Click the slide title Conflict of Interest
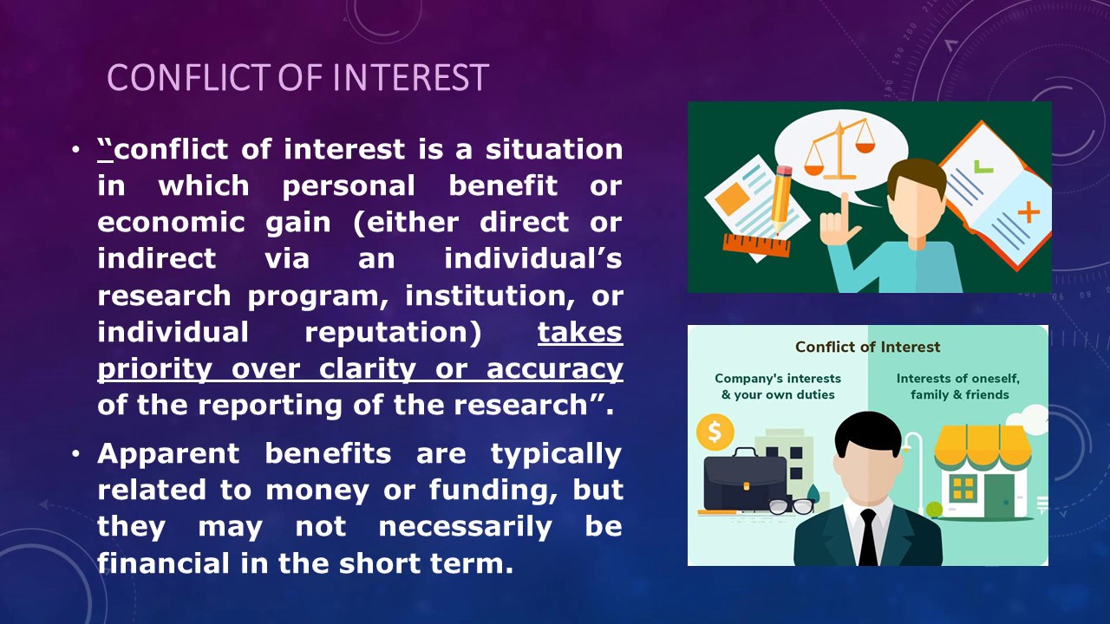tap(297, 77)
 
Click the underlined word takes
tap(579, 332)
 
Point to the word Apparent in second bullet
tap(170, 453)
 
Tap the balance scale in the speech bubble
tap(839, 148)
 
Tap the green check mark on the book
tap(983, 164)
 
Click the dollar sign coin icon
tap(715, 431)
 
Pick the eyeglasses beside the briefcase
tap(791, 506)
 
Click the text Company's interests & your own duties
tap(777, 387)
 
